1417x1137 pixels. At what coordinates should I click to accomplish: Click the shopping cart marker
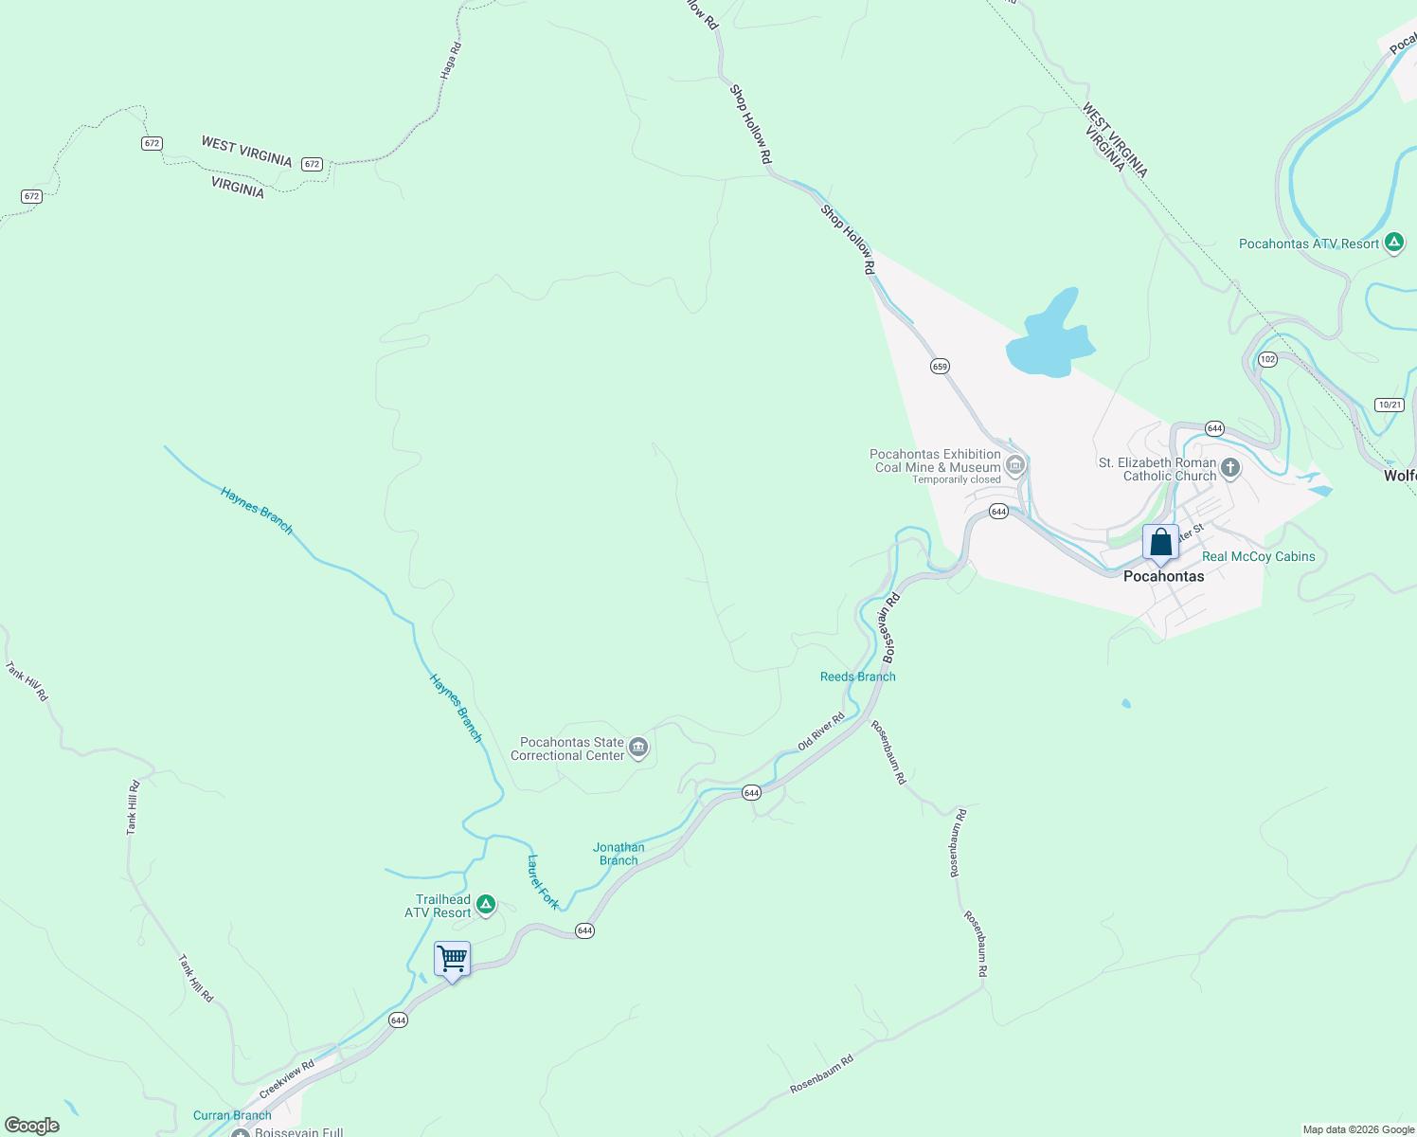(x=452, y=960)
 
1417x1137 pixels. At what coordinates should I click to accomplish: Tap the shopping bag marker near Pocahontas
(x=1160, y=543)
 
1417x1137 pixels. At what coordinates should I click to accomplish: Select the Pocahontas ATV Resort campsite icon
(x=1394, y=244)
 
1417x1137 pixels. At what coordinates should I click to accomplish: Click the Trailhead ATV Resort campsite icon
(x=486, y=906)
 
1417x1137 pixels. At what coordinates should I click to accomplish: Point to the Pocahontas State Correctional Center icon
(x=638, y=749)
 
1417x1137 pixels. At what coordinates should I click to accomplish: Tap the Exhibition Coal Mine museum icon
(x=1015, y=464)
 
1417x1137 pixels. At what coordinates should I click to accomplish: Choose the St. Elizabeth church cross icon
(x=1230, y=467)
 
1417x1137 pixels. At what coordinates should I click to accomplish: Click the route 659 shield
(x=940, y=366)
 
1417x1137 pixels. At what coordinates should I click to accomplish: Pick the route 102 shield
(x=1268, y=359)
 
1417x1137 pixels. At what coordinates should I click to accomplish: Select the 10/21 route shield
(x=1390, y=405)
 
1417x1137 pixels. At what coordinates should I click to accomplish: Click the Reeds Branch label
(x=857, y=677)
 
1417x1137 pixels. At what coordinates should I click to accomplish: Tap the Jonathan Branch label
(x=619, y=854)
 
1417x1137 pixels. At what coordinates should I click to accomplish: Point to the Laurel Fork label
(x=543, y=882)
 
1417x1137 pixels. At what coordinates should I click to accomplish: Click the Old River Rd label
(x=820, y=731)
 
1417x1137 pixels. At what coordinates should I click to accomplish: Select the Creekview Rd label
(x=286, y=1080)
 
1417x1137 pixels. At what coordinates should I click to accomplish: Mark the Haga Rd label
(x=451, y=60)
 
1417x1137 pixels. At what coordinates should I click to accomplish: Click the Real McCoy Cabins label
(x=1258, y=557)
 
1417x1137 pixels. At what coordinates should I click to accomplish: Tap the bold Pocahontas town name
(x=1163, y=576)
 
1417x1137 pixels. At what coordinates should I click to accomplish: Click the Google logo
(x=32, y=1126)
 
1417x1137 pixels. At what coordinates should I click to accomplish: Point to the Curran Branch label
(x=232, y=1115)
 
